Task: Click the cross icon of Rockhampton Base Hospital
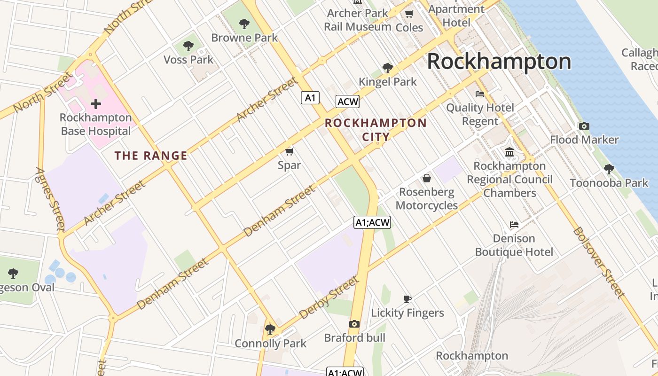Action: tap(96, 104)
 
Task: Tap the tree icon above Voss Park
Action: tap(188, 46)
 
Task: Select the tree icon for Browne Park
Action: tap(244, 23)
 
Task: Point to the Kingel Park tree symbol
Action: tap(387, 68)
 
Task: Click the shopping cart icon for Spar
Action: tap(290, 151)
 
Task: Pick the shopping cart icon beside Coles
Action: tap(409, 14)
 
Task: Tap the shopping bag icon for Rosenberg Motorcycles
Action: tap(426, 178)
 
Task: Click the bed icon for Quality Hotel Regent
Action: tap(479, 94)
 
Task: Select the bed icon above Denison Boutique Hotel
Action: tap(514, 225)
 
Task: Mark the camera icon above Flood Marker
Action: tap(584, 126)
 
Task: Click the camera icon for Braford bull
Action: tap(354, 324)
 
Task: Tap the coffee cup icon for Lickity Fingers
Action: tap(407, 299)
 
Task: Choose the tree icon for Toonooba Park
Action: tap(609, 169)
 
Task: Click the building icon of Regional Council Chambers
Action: tap(509, 152)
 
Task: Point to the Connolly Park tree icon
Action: tap(270, 329)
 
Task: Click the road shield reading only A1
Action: tap(310, 98)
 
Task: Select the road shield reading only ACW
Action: tap(347, 102)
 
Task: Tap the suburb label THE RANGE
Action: tap(151, 156)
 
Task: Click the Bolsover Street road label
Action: tap(598, 263)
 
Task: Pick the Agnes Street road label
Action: tap(50, 199)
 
